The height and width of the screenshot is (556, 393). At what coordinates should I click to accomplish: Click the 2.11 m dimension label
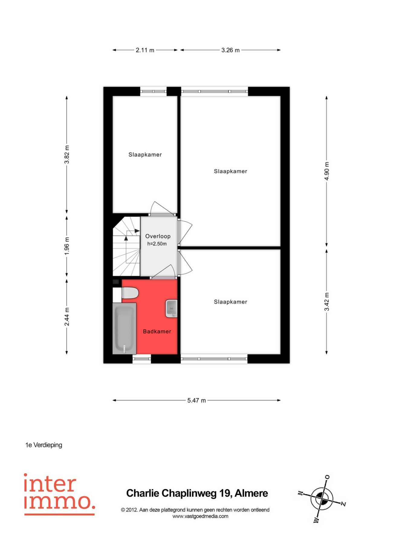click(145, 50)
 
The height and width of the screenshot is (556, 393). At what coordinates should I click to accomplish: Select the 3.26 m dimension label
click(230, 50)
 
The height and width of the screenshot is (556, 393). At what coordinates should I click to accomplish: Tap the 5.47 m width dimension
click(197, 401)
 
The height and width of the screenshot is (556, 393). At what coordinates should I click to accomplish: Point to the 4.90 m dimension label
click(326, 171)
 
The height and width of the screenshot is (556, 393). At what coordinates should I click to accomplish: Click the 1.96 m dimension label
click(67, 246)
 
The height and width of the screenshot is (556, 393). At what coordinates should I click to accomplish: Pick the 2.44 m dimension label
click(67, 316)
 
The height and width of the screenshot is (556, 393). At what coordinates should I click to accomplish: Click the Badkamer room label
click(157, 332)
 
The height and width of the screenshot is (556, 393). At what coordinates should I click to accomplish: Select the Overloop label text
click(158, 236)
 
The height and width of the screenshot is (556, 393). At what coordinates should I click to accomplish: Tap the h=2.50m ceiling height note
click(157, 244)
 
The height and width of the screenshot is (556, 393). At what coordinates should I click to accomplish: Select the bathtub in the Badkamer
click(124, 329)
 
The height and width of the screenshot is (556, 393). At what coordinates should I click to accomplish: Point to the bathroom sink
click(171, 309)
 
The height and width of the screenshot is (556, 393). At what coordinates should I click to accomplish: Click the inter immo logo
click(60, 494)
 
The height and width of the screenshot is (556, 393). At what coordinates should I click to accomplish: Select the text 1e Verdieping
click(44, 445)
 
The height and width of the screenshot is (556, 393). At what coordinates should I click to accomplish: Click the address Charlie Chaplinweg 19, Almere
click(197, 493)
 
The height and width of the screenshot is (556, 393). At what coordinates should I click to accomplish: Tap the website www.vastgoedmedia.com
click(200, 516)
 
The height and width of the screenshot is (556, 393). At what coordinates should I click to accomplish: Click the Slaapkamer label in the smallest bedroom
click(145, 155)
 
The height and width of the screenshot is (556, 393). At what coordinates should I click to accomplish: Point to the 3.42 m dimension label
click(326, 302)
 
